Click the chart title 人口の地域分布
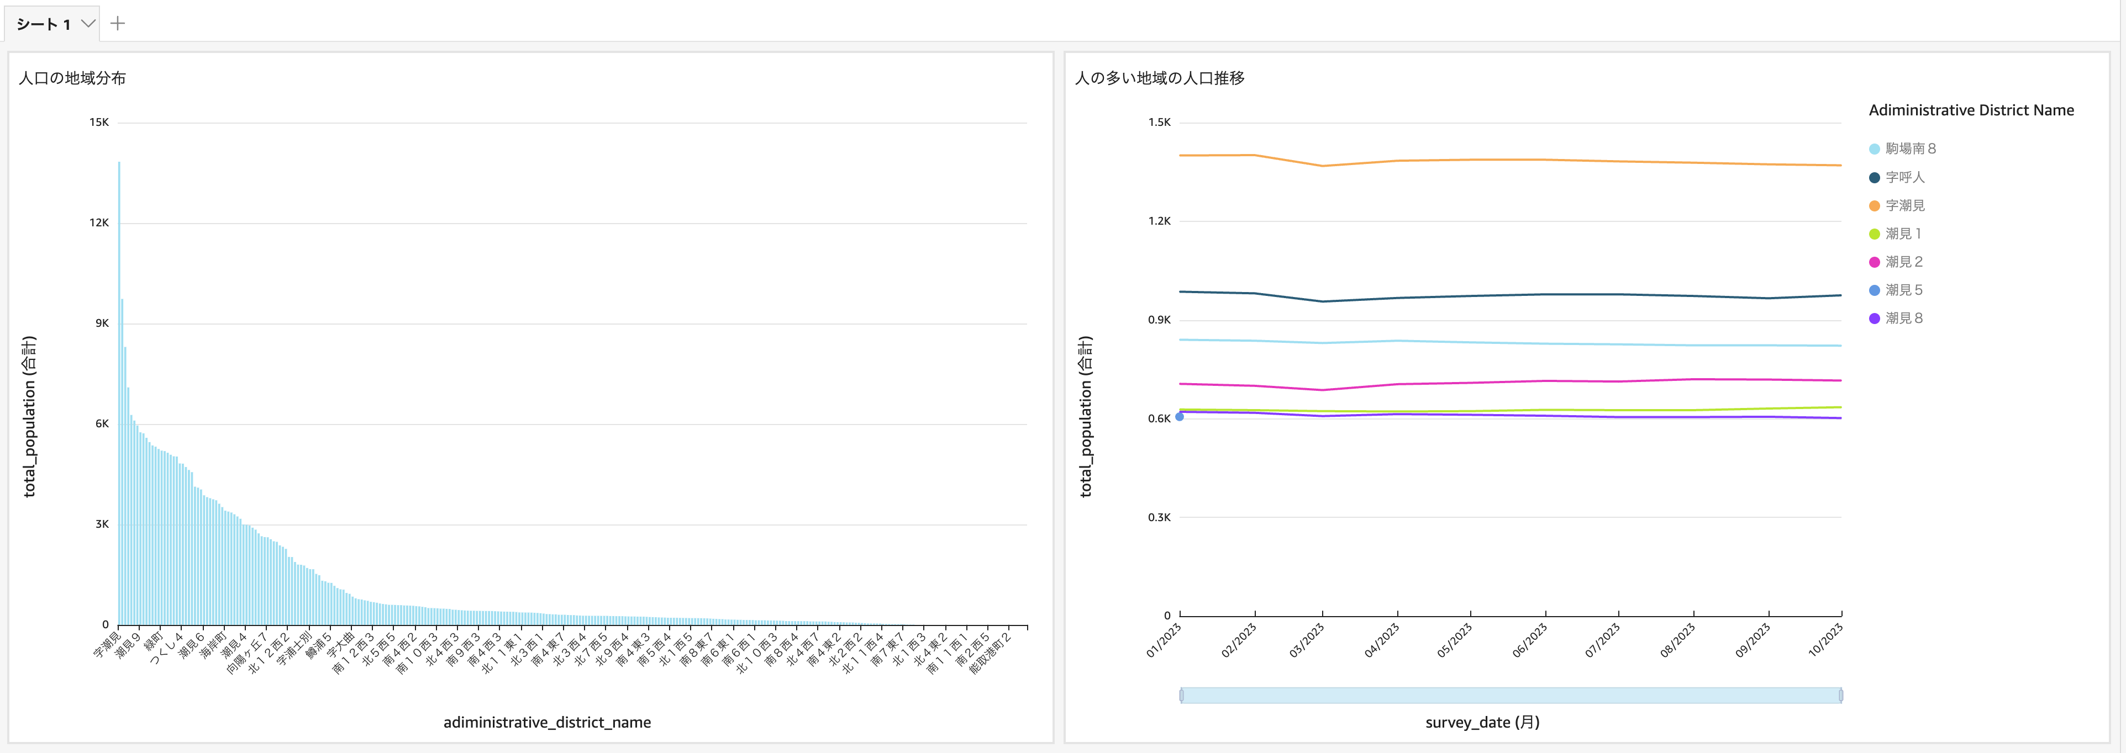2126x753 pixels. click(72, 78)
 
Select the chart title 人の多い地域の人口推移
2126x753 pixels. click(1160, 78)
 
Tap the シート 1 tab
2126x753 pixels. click(44, 24)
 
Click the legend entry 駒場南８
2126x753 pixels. click(1910, 149)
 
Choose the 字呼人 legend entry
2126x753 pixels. click(1904, 177)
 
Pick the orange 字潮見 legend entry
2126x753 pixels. click(1904, 205)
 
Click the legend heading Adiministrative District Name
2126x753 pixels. click(1971, 110)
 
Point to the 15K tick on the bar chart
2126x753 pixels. click(99, 122)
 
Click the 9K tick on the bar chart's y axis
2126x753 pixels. click(102, 324)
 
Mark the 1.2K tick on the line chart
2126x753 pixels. click(1159, 221)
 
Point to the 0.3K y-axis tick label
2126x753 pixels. click(1159, 517)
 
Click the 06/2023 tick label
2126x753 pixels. click(1530, 640)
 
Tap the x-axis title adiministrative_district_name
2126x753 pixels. click(547, 723)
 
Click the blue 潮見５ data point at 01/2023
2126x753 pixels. click(1180, 416)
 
